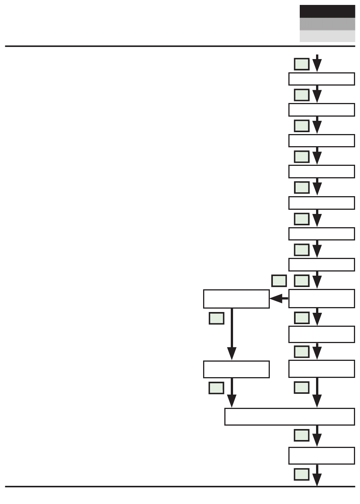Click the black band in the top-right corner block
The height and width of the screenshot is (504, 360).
point(327,11)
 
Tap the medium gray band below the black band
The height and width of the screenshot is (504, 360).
point(327,24)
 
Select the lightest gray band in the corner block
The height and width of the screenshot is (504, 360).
point(327,36)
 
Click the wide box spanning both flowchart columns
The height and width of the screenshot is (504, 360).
point(290,417)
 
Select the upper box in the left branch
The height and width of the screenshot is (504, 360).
point(236,299)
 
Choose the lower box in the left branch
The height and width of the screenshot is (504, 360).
point(236,369)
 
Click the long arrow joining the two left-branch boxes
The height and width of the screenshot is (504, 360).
point(232,333)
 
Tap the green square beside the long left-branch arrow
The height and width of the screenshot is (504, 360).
point(216,318)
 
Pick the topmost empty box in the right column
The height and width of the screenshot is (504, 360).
point(321,79)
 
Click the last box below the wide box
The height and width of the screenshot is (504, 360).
point(321,456)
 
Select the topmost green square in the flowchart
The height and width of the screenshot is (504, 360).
point(302,64)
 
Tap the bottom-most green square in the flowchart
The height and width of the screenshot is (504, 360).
point(302,474)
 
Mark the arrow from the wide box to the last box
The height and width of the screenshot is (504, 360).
point(317,436)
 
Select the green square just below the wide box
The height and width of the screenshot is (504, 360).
point(302,435)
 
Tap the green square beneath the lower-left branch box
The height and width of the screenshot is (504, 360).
point(216,388)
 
